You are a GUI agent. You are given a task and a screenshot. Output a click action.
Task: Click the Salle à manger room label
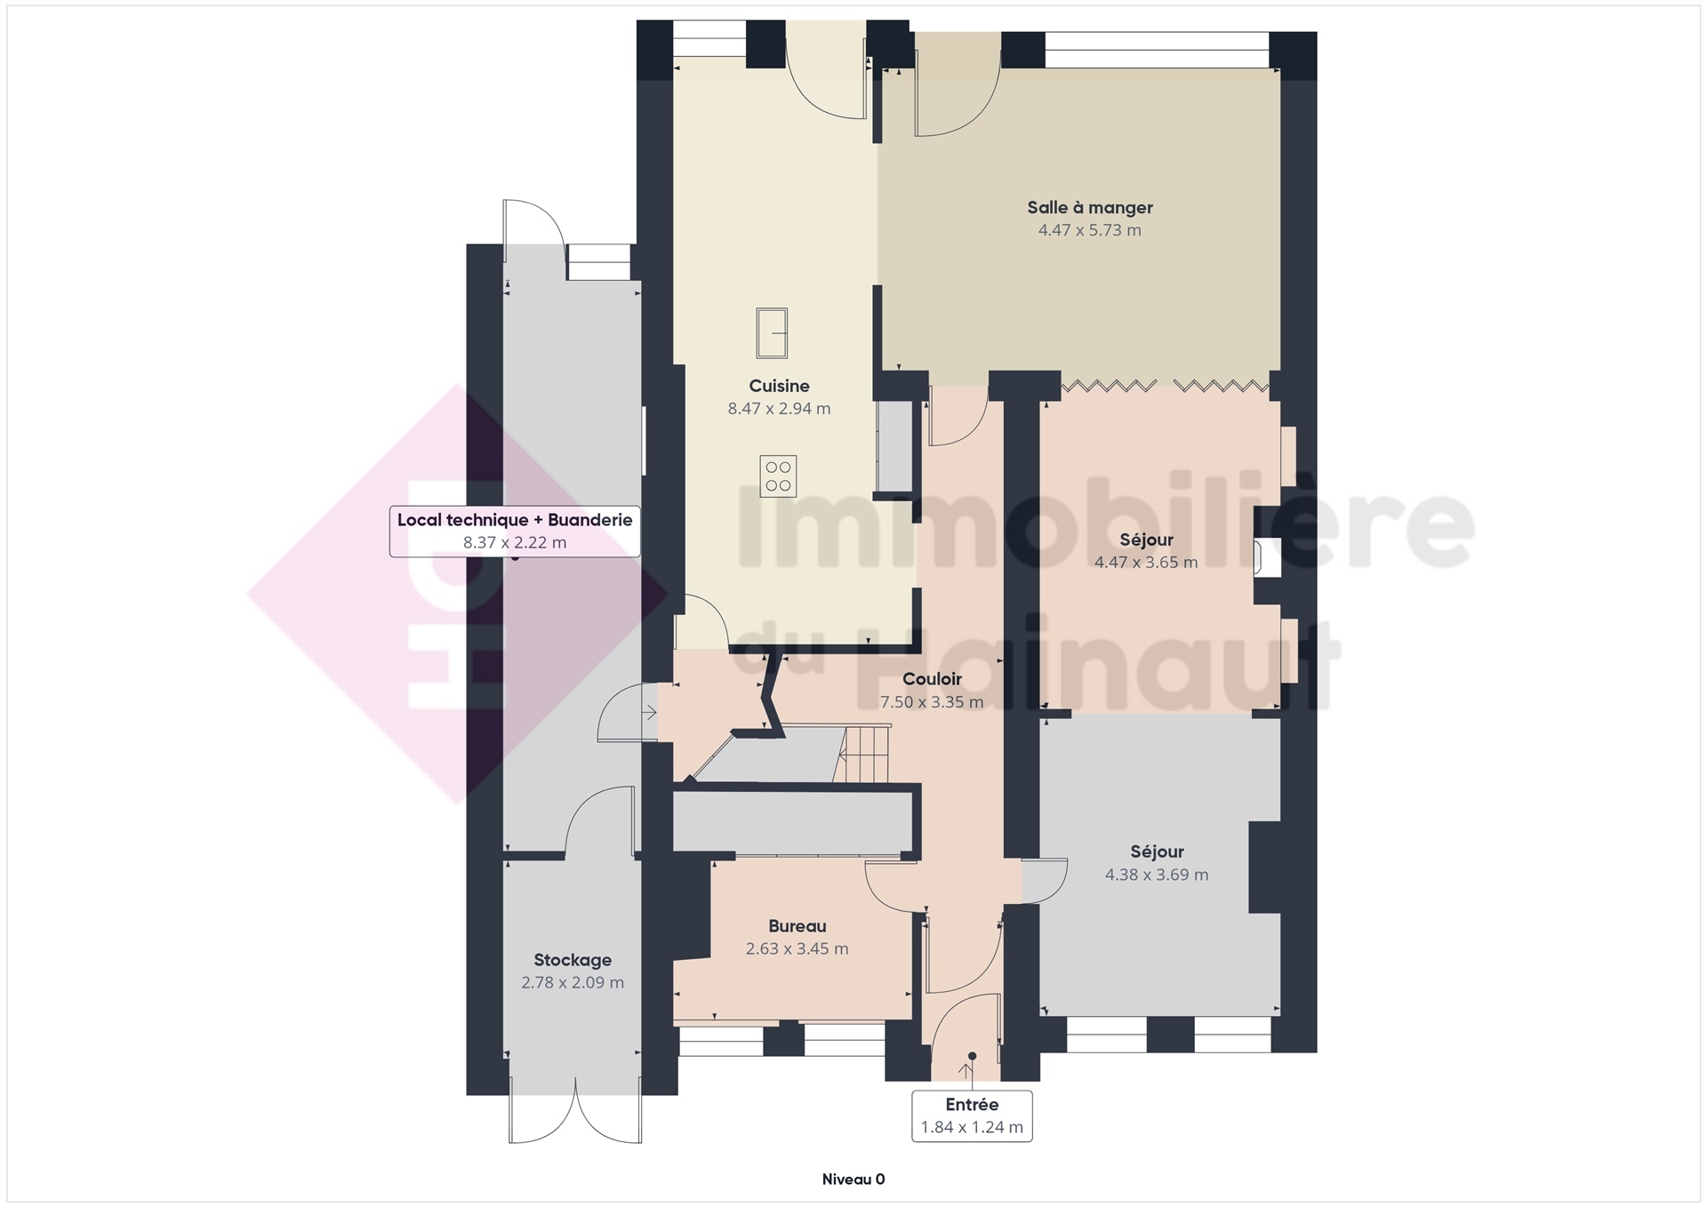pyautogui.click(x=1090, y=207)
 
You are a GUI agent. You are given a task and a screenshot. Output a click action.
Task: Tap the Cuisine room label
pyautogui.click(x=779, y=386)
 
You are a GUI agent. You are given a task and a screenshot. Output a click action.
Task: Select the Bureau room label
pyautogui.click(x=797, y=926)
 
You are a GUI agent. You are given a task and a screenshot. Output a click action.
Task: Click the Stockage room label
pyautogui.click(x=573, y=960)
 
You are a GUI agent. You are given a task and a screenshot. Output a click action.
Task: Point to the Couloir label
pyautogui.click(x=932, y=679)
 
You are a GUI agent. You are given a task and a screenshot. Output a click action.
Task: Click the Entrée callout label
pyautogui.click(x=972, y=1115)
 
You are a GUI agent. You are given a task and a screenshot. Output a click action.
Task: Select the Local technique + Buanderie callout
pyautogui.click(x=515, y=532)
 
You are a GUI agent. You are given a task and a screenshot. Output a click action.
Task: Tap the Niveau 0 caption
pyautogui.click(x=853, y=1179)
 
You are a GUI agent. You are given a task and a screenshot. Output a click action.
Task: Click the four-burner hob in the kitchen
pyautogui.click(x=778, y=476)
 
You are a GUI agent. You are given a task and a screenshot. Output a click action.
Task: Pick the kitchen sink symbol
pyautogui.click(x=772, y=332)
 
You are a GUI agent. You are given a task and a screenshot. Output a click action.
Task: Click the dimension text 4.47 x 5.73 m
pyautogui.click(x=1090, y=230)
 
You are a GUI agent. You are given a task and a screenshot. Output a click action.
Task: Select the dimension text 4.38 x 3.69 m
pyautogui.click(x=1157, y=875)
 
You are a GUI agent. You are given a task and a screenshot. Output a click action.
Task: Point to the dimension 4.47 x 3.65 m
pyautogui.click(x=1146, y=563)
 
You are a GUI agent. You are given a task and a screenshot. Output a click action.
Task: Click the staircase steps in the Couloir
pyautogui.click(x=864, y=754)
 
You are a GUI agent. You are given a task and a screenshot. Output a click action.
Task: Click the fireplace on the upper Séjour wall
pyautogui.click(x=1267, y=557)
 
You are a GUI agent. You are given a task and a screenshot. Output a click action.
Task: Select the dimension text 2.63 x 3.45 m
pyautogui.click(x=797, y=949)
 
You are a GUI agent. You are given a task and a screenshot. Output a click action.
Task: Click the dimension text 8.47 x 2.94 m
pyautogui.click(x=779, y=409)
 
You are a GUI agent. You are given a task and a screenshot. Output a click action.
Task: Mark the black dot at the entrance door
pyautogui.click(x=972, y=1056)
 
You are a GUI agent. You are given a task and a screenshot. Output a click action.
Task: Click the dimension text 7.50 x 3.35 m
pyautogui.click(x=932, y=702)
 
